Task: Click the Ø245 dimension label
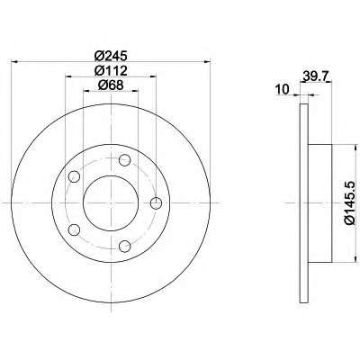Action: coord(111,56)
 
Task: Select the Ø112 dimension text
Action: coord(111,71)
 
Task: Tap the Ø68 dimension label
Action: coord(111,85)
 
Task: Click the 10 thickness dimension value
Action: coord(282,89)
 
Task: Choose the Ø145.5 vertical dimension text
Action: coord(350,203)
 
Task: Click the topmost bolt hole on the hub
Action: coord(125,160)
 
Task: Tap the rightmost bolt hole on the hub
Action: coord(156,203)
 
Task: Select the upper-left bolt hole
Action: coord(74,176)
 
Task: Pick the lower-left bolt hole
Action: coord(74,230)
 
